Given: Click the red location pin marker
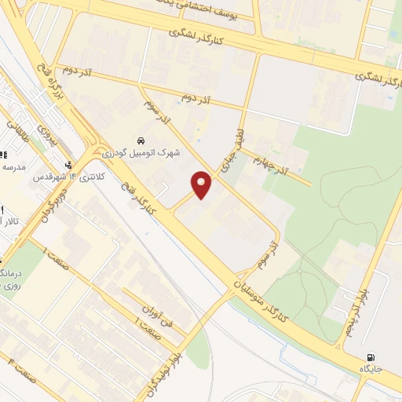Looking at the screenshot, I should [x=202, y=185].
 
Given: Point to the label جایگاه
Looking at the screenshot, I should [x=370, y=368].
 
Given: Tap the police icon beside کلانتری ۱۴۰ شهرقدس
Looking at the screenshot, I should [x=72, y=165].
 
